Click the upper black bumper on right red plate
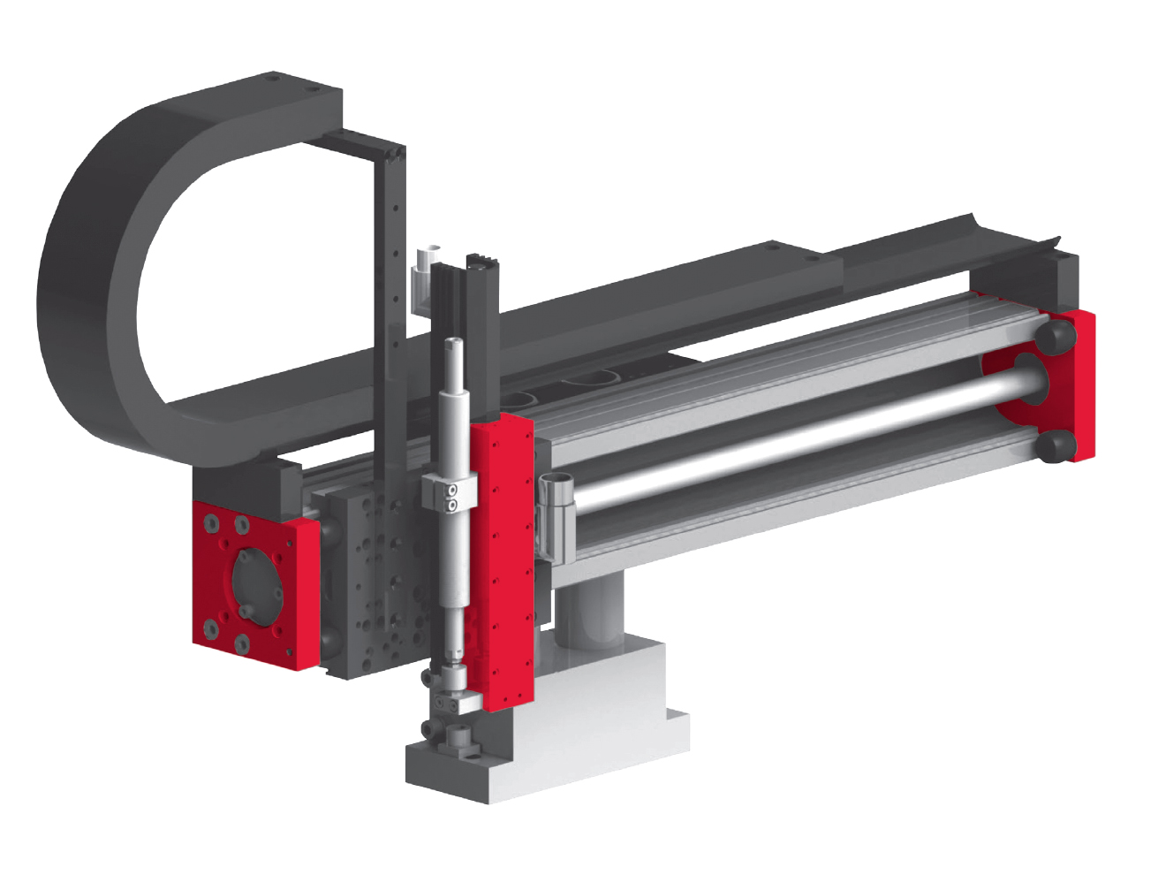(1056, 336)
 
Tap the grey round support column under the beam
(590, 610)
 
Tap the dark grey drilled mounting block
(371, 583)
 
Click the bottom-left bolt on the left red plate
(211, 629)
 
